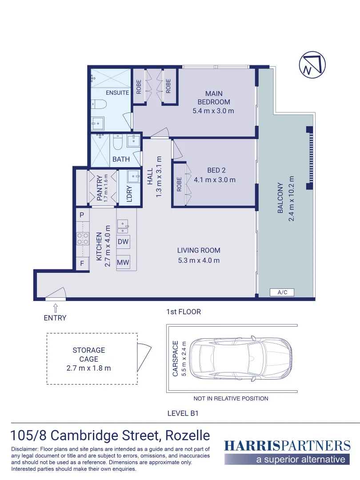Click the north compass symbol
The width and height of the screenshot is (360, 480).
point(312,65)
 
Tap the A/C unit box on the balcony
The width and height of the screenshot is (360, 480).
point(282,292)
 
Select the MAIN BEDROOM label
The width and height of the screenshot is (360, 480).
point(214,98)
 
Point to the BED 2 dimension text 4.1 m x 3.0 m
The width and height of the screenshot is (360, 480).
point(215,180)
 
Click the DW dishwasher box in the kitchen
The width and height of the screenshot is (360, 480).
point(123,241)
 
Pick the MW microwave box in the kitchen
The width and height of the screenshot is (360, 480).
point(123,262)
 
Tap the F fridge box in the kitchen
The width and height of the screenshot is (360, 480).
point(82,263)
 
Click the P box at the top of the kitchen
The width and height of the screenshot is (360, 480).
point(82,215)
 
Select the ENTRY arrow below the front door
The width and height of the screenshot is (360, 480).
point(56,308)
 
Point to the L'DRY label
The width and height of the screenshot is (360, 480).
point(129,194)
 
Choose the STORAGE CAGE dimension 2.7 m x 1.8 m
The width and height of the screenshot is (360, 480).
point(88,368)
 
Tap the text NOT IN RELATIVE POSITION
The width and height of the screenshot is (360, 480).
point(231,399)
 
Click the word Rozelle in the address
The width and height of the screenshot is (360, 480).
point(188,435)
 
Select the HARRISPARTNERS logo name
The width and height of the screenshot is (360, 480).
point(288,446)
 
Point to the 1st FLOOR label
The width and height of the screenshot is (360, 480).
point(184,312)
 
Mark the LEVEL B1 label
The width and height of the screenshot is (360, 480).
point(183,413)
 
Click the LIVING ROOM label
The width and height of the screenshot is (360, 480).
point(199,250)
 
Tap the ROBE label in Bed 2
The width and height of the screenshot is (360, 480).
point(180,184)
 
